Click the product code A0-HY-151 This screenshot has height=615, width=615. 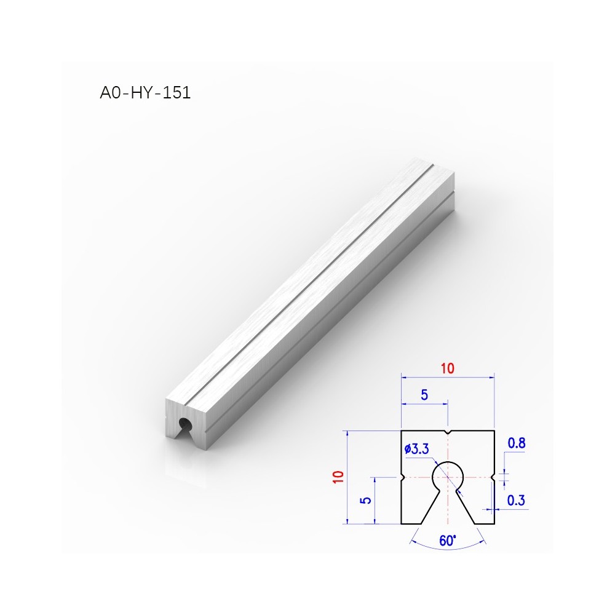[x=145, y=93]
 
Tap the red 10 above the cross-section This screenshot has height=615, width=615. [x=447, y=368]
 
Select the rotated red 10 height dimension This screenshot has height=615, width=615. [x=338, y=477]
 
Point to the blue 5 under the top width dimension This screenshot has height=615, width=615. [x=424, y=395]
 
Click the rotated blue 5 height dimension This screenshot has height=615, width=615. [x=365, y=500]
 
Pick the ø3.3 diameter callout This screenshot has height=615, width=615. [x=416, y=449]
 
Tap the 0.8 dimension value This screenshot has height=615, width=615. [x=517, y=443]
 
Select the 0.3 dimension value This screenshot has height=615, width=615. [x=516, y=500]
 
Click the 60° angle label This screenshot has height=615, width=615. [x=448, y=541]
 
